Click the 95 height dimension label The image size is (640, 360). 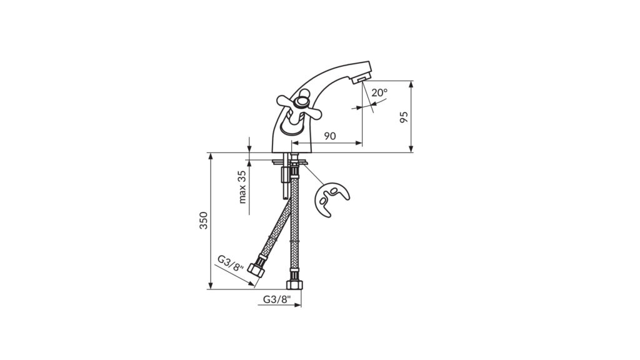pos(404,117)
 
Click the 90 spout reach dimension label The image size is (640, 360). pos(330,136)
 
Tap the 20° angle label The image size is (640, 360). pos(379,92)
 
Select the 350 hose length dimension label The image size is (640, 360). pos(203,221)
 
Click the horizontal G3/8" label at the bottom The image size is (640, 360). pos(277,299)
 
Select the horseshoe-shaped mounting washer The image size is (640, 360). pos(331,199)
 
